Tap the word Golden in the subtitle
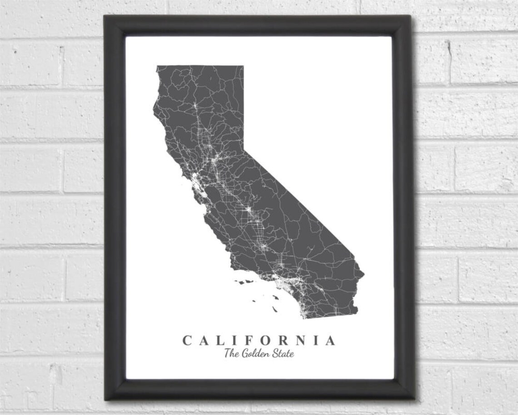[255, 353]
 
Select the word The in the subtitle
[231, 353]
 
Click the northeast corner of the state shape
[243, 66]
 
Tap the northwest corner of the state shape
[157, 67]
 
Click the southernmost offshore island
[275, 309]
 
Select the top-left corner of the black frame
[105, 16]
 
